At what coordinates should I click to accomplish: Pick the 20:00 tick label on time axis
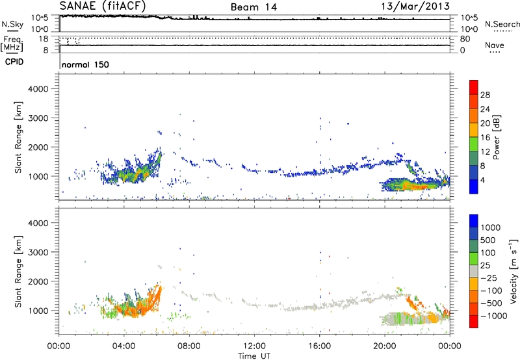[x=385, y=345]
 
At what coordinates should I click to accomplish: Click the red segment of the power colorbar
[x=473, y=87]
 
